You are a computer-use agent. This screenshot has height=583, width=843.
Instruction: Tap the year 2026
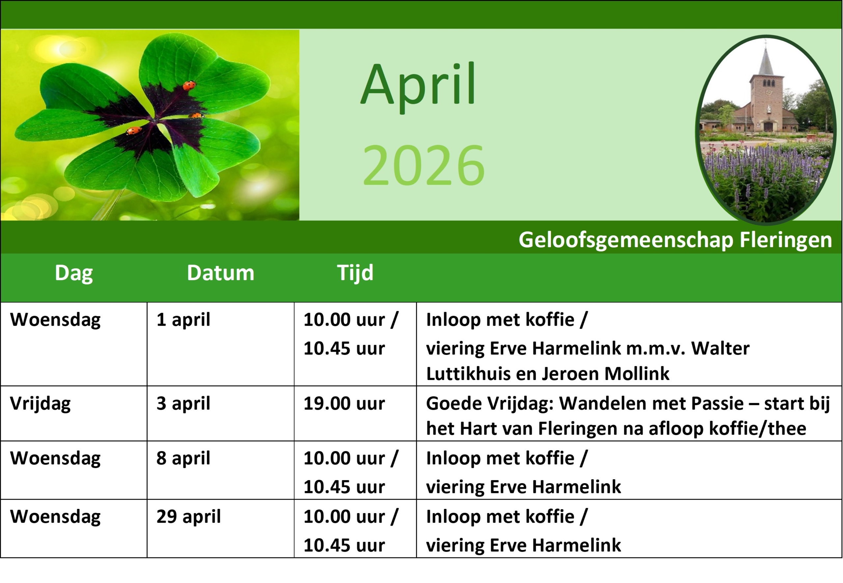[x=423, y=165]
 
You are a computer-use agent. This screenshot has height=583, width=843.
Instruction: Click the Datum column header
[x=220, y=273]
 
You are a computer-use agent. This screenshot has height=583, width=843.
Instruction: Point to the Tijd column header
[x=355, y=273]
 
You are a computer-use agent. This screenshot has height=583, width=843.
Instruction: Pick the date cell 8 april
[x=183, y=458]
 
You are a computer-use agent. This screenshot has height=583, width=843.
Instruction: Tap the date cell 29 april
[x=189, y=517]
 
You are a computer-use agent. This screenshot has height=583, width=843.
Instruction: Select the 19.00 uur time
[x=344, y=404]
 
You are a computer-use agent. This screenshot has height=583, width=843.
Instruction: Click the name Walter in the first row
[x=720, y=348]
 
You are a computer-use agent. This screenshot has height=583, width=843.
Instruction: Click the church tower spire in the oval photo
[x=765, y=58]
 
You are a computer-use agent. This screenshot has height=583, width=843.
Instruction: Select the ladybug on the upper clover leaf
[x=189, y=85]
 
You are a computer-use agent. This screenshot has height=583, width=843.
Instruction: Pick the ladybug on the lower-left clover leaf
[x=134, y=130]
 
